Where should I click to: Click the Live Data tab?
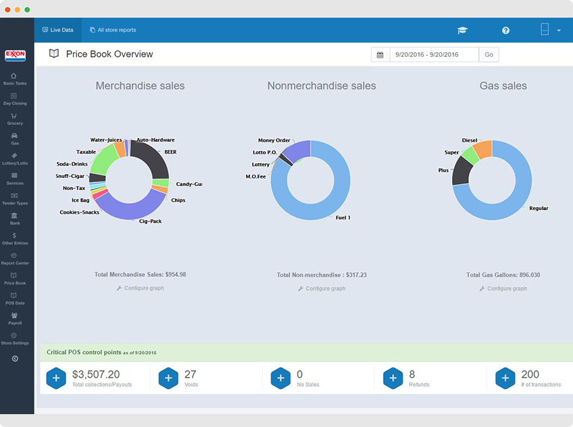[x=57, y=30]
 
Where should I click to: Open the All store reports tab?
[x=113, y=30]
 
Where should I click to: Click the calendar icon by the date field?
[x=380, y=55]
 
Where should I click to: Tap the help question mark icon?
[x=505, y=30]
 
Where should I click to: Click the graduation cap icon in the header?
[x=462, y=30]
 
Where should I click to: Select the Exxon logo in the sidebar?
[x=15, y=55]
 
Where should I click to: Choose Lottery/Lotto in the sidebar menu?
[x=15, y=159]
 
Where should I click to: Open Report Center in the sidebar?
[x=15, y=259]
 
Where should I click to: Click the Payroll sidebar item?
[x=15, y=318]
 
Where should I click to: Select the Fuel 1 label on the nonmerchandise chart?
[x=343, y=218]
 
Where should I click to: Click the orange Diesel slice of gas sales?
[x=483, y=148]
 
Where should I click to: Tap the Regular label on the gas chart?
[x=539, y=208]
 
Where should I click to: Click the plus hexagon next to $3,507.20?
[x=56, y=378]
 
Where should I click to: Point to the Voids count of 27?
[x=191, y=374]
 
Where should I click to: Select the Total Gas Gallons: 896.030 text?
[x=503, y=275]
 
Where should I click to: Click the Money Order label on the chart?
[x=274, y=141]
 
